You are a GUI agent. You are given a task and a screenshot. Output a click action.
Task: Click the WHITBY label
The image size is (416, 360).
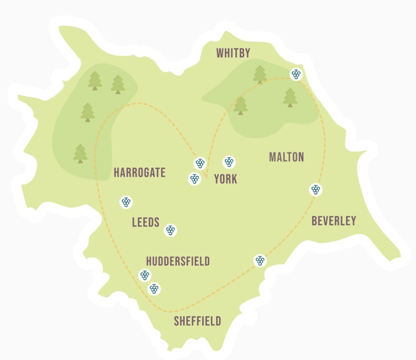[233, 53]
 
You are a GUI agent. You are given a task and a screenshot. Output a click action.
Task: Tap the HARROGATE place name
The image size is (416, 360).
[139, 173]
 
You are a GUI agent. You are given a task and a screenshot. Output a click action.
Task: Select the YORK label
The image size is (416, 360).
[225, 179]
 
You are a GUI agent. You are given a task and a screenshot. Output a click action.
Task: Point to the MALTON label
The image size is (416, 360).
[286, 157]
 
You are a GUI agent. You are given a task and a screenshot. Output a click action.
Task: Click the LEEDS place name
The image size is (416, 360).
[145, 222]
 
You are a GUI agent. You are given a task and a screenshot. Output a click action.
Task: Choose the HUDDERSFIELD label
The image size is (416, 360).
[178, 262]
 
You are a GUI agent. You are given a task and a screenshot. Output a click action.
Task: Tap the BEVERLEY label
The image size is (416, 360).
[334, 221]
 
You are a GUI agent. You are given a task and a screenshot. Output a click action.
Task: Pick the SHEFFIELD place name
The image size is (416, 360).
[197, 321]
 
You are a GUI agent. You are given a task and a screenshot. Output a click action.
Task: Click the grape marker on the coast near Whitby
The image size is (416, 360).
[296, 74]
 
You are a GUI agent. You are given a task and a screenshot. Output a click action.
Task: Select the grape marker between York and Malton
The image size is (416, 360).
[229, 162]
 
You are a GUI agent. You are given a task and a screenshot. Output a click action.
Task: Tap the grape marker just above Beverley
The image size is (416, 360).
[316, 189]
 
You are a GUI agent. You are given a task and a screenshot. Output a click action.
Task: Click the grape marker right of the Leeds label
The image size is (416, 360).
[171, 230]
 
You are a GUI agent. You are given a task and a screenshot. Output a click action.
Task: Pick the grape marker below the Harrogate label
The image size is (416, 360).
[126, 202]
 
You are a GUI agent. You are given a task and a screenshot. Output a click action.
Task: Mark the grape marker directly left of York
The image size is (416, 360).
[194, 179]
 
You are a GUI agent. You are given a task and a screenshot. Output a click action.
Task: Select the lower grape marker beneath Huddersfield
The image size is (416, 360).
[154, 289]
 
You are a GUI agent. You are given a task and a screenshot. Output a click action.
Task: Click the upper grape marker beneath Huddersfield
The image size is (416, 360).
[145, 275]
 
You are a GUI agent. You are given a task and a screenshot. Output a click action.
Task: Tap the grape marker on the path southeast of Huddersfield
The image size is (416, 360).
[260, 260]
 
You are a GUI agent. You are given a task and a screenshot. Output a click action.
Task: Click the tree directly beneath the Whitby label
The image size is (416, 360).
[260, 74]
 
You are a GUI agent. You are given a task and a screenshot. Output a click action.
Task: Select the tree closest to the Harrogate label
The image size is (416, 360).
[81, 154]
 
